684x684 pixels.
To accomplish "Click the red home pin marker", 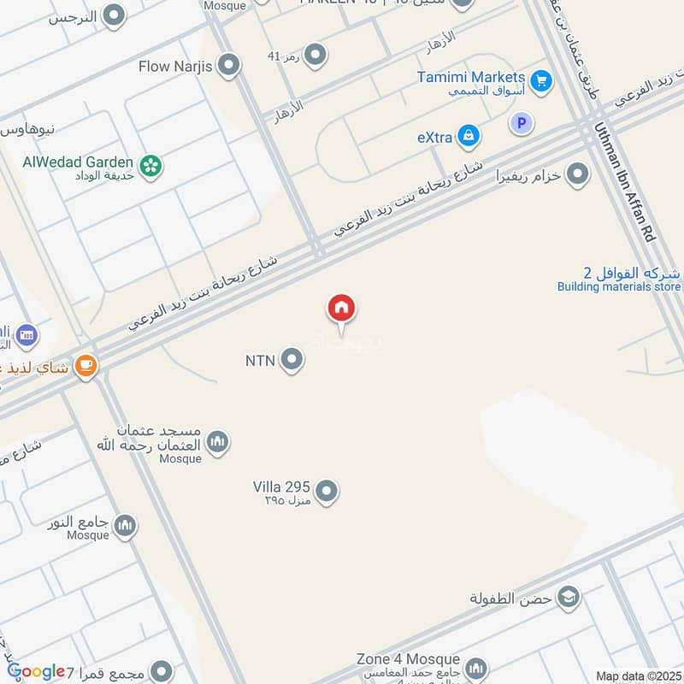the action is coord(341,309).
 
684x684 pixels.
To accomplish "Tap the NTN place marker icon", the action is coord(292,360).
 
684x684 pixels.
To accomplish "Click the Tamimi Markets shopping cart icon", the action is coord(540,81).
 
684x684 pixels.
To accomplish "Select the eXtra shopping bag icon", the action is coord(468,135).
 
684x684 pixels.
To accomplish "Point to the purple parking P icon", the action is coord(520,124).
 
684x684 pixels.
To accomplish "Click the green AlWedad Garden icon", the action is coord(151,165).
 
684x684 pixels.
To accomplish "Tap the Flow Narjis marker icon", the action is coord(228,64).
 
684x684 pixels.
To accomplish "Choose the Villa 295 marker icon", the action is coord(327,492).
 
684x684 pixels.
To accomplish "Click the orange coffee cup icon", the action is coord(85,366).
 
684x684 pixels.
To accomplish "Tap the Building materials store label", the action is coord(619,287).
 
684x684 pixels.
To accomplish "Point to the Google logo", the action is coord(36,672).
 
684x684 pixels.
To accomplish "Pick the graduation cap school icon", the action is coord(568,597).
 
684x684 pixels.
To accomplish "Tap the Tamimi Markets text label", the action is coord(471,77).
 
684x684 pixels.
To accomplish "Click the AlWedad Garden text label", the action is coord(79,162).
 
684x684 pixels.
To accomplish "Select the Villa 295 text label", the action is coord(281,486).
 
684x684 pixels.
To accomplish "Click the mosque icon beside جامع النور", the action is coord(126,525).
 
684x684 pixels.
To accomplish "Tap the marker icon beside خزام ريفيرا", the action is coord(578,174).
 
